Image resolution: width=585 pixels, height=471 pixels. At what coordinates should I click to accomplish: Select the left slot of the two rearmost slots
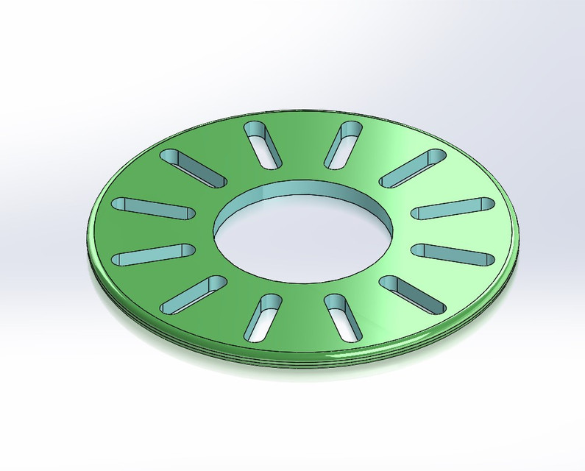click(263, 143)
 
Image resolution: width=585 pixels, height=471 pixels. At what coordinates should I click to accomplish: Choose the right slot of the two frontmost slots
click(344, 318)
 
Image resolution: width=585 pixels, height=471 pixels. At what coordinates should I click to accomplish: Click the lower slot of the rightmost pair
click(450, 253)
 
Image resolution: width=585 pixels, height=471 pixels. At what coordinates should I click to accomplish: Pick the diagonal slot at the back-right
click(413, 169)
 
